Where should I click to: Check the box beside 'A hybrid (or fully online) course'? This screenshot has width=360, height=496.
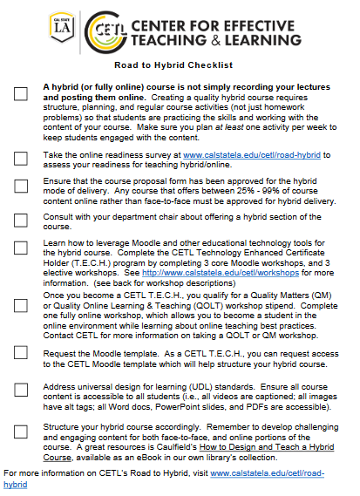20,93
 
